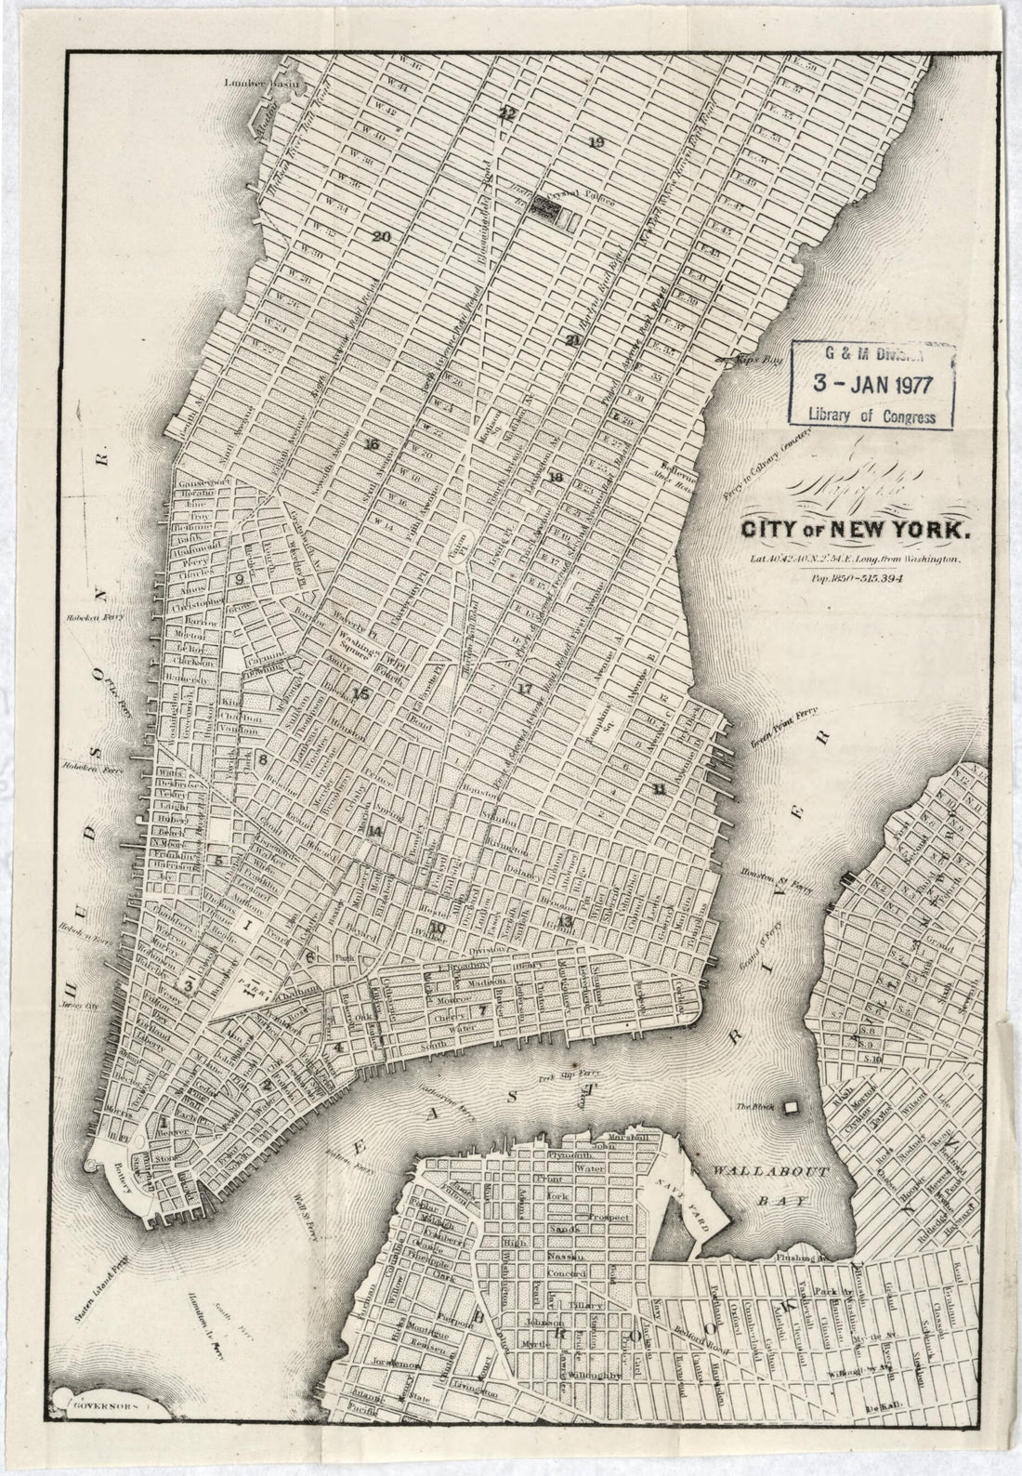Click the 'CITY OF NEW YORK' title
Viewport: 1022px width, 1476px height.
point(855,532)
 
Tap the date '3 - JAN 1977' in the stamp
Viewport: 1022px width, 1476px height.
point(871,382)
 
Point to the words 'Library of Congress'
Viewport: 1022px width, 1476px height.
point(871,415)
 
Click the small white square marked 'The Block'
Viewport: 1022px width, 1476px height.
point(792,1108)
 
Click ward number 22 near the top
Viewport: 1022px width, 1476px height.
point(506,113)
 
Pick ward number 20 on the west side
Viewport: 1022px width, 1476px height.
point(381,235)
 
